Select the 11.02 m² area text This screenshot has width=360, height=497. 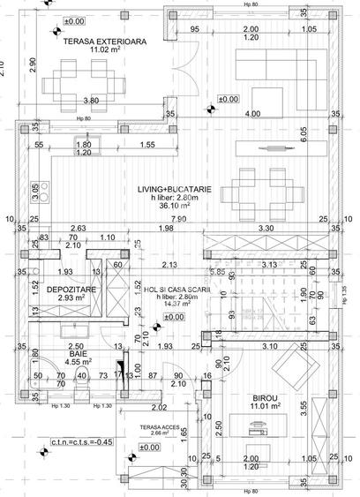point(109,51)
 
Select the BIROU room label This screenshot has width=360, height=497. point(262,399)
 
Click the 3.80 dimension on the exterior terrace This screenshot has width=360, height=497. point(90,101)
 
